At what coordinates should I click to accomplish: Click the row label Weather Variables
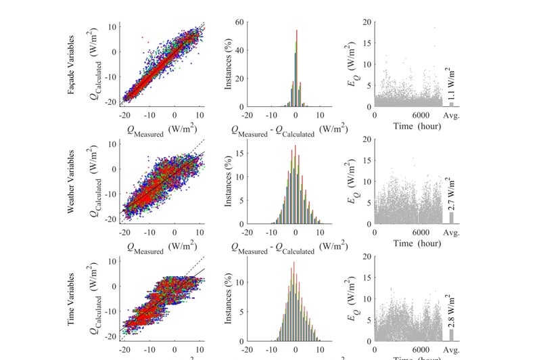click(x=71, y=181)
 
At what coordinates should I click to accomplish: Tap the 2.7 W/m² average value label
click(x=451, y=196)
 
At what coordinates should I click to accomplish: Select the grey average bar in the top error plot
click(x=451, y=104)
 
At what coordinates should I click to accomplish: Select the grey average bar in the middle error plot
click(x=451, y=218)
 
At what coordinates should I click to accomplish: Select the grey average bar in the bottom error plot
click(x=451, y=334)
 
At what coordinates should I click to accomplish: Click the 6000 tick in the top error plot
click(x=420, y=115)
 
